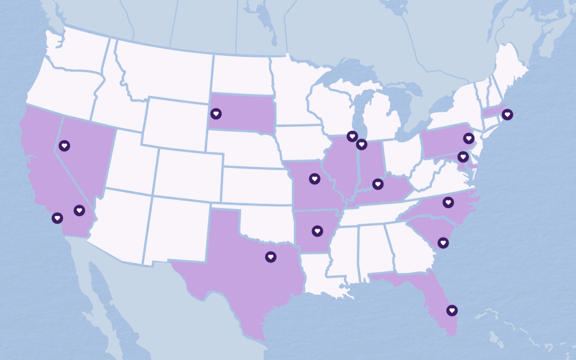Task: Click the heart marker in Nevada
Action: [x=64, y=145]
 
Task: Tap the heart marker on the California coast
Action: [x=57, y=218]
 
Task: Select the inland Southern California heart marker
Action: [x=79, y=211]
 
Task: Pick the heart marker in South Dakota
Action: [x=215, y=113]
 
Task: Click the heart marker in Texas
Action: [x=270, y=257]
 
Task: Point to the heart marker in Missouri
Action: [x=315, y=179]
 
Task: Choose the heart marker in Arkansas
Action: [x=317, y=231]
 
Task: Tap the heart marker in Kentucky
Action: [x=378, y=184]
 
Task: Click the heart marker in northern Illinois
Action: [x=351, y=136]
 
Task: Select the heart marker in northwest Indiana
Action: [x=362, y=144]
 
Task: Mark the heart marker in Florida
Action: [x=452, y=310]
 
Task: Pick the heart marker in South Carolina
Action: [x=443, y=243]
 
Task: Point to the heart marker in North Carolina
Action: [x=448, y=202]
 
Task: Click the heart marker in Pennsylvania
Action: [x=468, y=138]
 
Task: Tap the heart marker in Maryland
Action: [x=462, y=157]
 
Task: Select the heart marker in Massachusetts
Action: [x=507, y=114]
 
